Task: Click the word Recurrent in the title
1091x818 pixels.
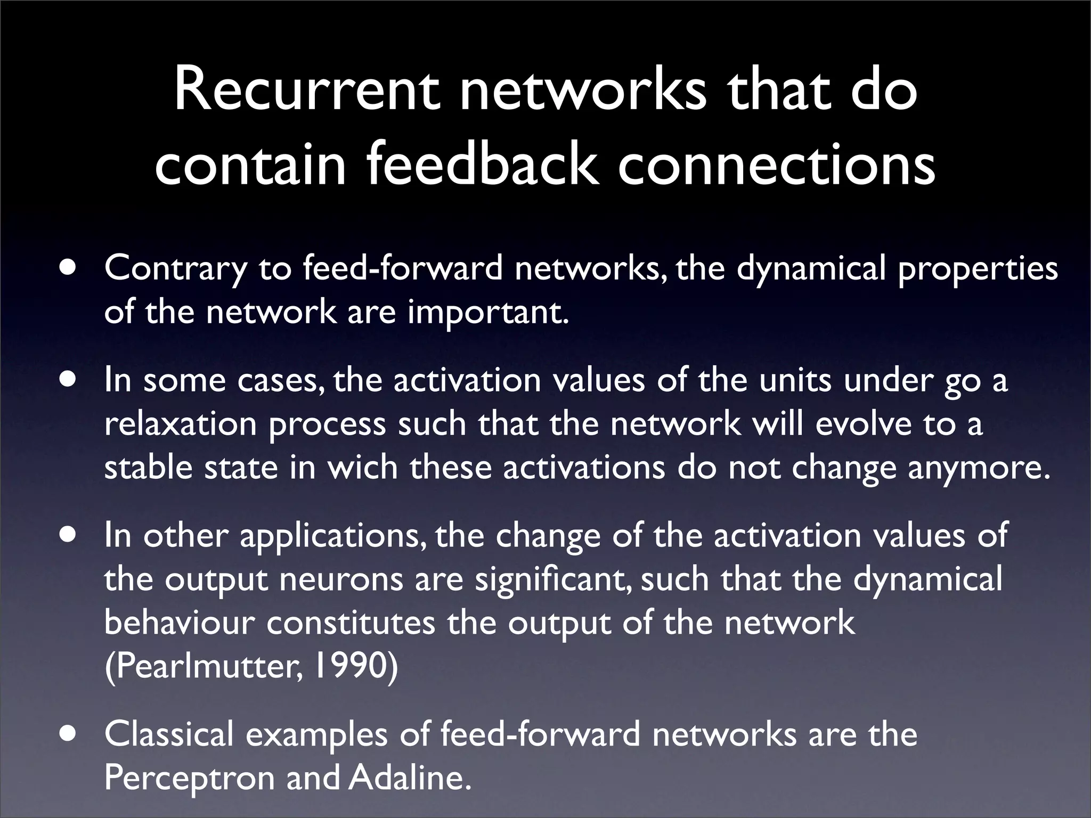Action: click(306, 92)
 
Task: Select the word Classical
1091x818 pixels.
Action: click(169, 734)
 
